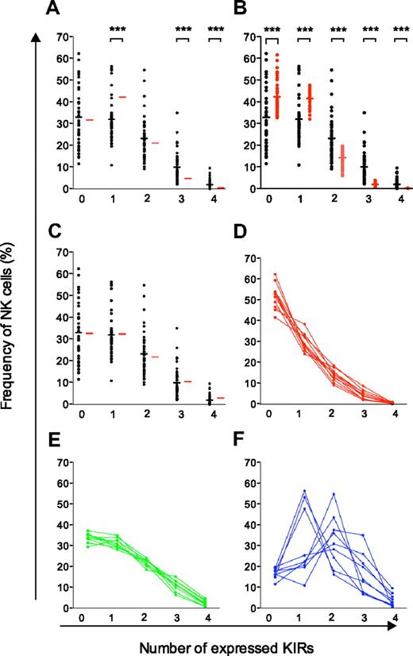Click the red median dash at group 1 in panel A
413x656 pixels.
(122, 97)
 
